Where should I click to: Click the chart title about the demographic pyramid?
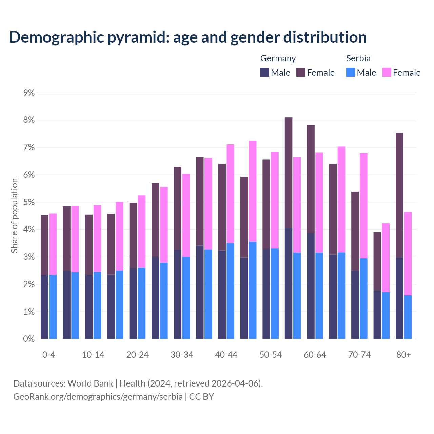[188, 37]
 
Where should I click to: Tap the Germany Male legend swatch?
[265, 72]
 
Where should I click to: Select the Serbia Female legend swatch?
[387, 72]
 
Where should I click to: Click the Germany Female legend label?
[320, 73]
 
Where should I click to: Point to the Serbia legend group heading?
[358, 58]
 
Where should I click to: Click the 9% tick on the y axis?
[29, 93]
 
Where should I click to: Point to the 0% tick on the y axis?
[29, 339]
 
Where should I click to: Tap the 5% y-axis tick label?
[29, 202]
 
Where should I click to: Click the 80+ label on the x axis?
[403, 355]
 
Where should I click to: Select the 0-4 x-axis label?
[48, 355]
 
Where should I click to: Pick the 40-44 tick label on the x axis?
[226, 355]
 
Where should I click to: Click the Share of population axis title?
[14, 216]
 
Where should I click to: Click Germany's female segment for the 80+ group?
[399, 195]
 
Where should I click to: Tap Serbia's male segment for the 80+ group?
[408, 317]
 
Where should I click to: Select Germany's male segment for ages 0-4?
[44, 307]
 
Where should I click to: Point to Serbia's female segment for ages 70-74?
[363, 205]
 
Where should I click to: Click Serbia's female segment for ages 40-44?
[231, 194]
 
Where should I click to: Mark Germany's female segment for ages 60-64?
[311, 179]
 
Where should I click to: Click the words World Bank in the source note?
[90, 383]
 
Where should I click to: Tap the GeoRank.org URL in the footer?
[98, 396]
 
